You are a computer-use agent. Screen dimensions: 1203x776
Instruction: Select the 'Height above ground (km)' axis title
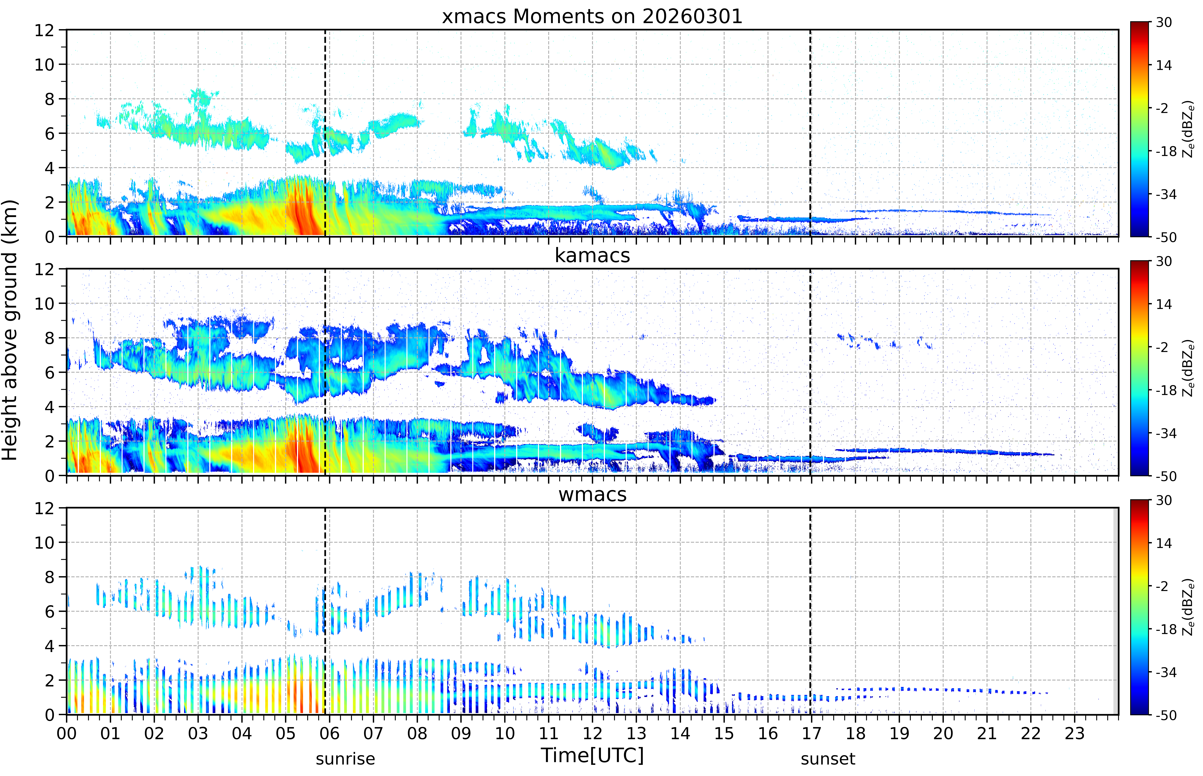click(10, 330)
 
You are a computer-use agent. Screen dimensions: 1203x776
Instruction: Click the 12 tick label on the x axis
click(593, 733)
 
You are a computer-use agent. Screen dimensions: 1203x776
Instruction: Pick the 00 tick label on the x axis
click(66, 733)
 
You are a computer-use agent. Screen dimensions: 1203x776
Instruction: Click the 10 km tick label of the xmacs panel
click(44, 65)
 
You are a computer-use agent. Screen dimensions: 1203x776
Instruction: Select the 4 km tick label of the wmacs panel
click(49, 646)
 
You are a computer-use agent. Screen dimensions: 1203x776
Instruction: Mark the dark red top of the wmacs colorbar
click(1140, 504)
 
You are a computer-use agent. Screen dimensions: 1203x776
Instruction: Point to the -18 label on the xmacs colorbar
click(1166, 151)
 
